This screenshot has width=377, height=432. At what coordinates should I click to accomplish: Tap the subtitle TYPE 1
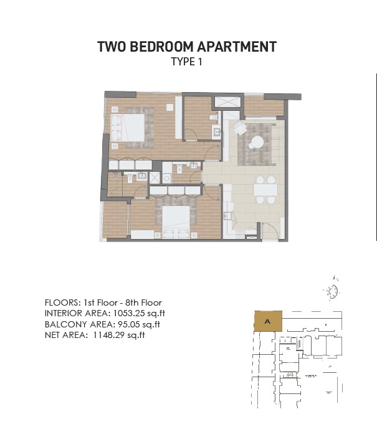point(187,62)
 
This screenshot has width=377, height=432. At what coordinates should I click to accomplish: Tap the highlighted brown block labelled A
point(267,322)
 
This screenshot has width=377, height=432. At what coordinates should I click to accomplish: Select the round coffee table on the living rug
point(255,143)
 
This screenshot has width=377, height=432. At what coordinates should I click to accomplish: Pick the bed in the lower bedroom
point(176,220)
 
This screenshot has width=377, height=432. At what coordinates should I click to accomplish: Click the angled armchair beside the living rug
point(240,128)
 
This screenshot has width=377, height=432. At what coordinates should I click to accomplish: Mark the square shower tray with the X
point(143,177)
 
